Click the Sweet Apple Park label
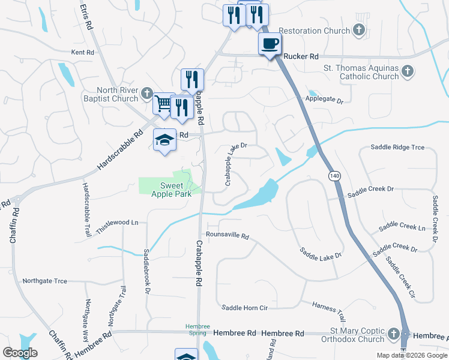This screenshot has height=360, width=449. pyautogui.click(x=171, y=190)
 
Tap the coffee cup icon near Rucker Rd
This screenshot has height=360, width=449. pyautogui.click(x=270, y=44)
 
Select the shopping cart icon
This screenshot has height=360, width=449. pyautogui.click(x=163, y=103)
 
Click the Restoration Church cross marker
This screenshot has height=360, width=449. pyautogui.click(x=359, y=30)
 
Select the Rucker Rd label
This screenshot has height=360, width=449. pyautogui.click(x=301, y=56)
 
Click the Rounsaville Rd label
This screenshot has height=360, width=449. pyautogui.click(x=227, y=236)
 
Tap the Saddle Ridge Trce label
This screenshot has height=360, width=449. pyautogui.click(x=397, y=147)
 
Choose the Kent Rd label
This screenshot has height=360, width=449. pyautogui.click(x=83, y=53)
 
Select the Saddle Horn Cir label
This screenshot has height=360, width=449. pyautogui.click(x=244, y=308)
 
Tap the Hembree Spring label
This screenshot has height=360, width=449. pyautogui.click(x=197, y=329)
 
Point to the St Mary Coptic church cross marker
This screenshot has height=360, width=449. pyautogui.click(x=394, y=333)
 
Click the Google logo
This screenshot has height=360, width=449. pyautogui.click(x=20, y=353)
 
